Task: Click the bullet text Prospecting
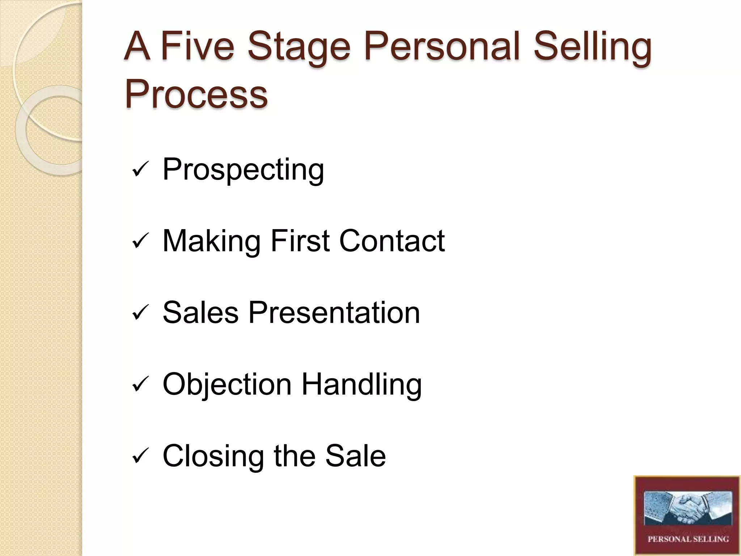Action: [243, 169]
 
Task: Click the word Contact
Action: [392, 241]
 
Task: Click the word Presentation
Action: [334, 312]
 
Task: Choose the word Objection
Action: [227, 384]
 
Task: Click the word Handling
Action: [362, 384]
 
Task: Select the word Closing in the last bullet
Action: [213, 456]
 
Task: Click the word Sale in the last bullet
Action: [355, 455]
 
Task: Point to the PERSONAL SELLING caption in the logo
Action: [688, 539]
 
